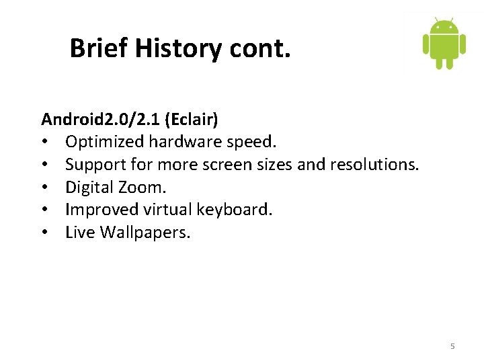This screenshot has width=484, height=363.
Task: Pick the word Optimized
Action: (x=105, y=143)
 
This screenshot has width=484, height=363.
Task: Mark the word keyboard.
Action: (x=235, y=210)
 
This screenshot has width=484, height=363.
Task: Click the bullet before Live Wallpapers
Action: (x=45, y=233)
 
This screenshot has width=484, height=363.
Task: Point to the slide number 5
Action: (x=452, y=346)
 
